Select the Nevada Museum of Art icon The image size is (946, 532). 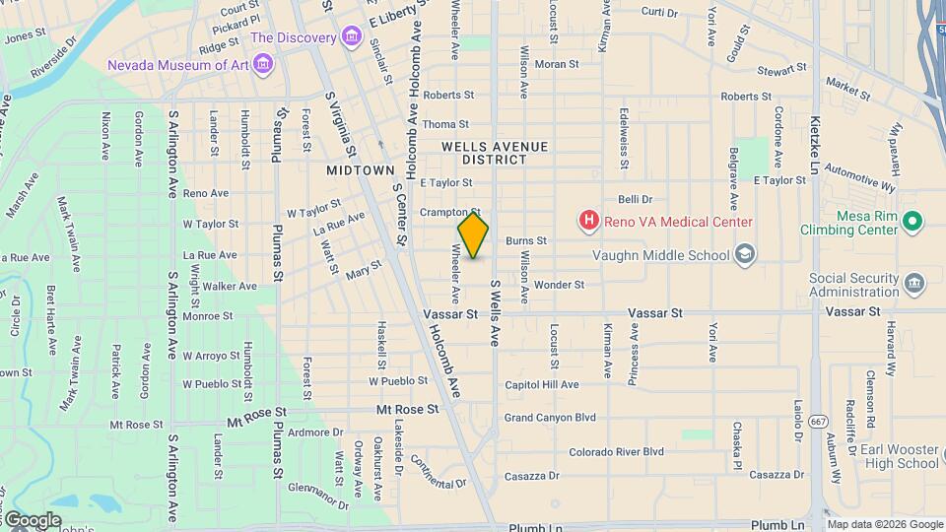click(x=262, y=65)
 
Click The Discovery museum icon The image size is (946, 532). click(x=351, y=37)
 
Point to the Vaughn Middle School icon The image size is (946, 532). click(x=745, y=255)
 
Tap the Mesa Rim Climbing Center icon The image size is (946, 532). click(x=912, y=222)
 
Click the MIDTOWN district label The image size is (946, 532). click(x=361, y=170)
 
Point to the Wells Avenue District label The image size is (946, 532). click(x=494, y=153)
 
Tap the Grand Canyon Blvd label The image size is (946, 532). click(x=551, y=418)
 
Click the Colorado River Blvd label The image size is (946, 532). click(x=616, y=452)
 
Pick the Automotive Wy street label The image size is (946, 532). click(x=860, y=177)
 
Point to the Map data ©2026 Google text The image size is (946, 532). click(x=884, y=524)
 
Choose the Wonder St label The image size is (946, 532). click(x=559, y=285)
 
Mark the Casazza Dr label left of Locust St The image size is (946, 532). click(x=532, y=476)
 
